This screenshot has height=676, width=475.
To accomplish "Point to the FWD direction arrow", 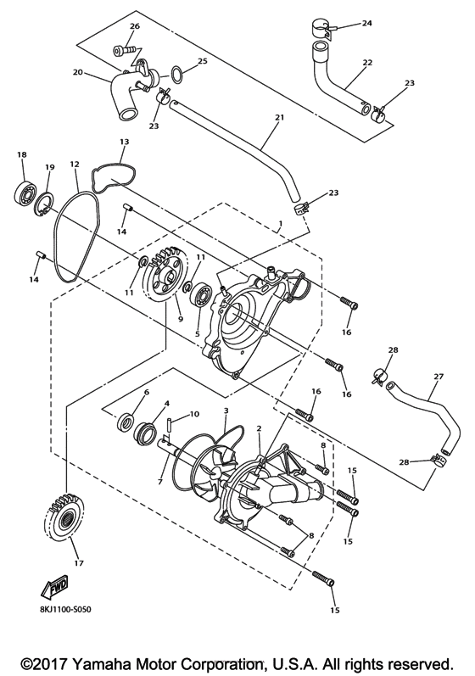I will [x=55, y=586].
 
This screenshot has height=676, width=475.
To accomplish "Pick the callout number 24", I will [x=366, y=23].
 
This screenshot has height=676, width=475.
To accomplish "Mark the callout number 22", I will [x=366, y=63].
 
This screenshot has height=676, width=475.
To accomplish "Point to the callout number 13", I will [x=124, y=142].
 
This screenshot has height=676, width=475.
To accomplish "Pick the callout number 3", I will [x=226, y=411].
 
